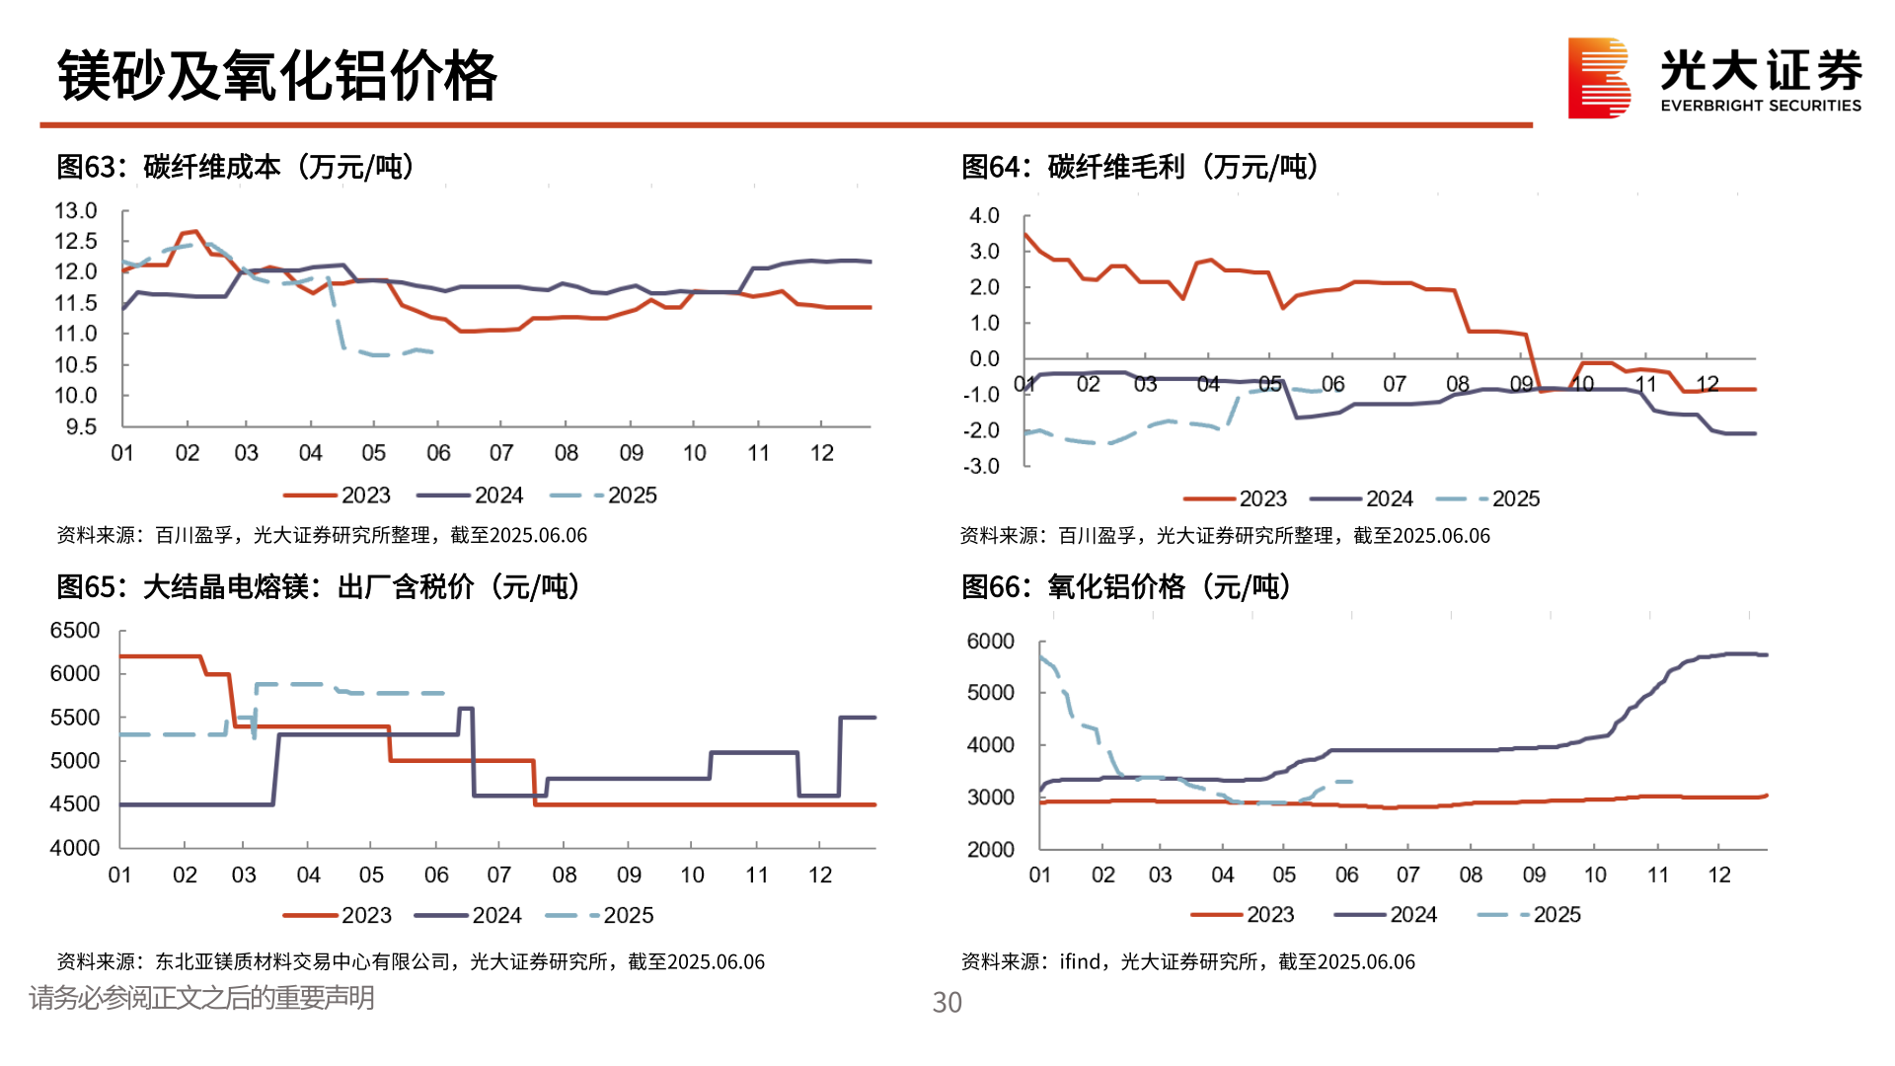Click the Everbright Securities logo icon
[x=1598, y=78]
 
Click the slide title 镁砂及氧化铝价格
[x=276, y=76]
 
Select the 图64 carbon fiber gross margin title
[x=1140, y=167]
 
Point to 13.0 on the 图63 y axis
[x=76, y=210]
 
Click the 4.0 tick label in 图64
[x=984, y=215]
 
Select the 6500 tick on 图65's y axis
[x=75, y=631]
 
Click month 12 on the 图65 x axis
[x=820, y=876]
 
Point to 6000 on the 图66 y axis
[x=990, y=642]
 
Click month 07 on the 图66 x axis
[x=1407, y=876]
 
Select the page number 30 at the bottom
[x=947, y=1003]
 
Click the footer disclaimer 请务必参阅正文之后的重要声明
[x=201, y=998]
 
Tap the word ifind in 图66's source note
[x=1080, y=961]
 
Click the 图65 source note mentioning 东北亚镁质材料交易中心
[x=411, y=961]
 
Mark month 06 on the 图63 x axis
[x=437, y=453]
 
